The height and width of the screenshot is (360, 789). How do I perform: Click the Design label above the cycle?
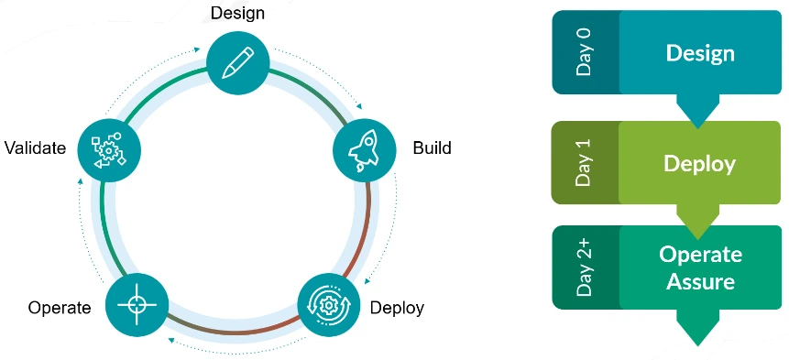tap(238, 13)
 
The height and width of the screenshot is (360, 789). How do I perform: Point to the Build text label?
tap(432, 147)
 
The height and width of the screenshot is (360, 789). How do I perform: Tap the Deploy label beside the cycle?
tap(397, 308)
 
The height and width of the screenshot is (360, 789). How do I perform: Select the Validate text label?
tap(35, 147)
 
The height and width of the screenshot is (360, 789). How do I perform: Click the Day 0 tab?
tap(585, 53)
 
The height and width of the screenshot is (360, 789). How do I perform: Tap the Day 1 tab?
tap(585, 164)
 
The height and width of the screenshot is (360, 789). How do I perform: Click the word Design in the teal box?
tap(700, 53)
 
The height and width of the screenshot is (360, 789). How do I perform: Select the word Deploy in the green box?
tap(699, 164)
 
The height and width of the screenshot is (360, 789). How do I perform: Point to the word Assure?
tap(700, 281)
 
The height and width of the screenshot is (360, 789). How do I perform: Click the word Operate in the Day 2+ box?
tap(700, 255)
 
